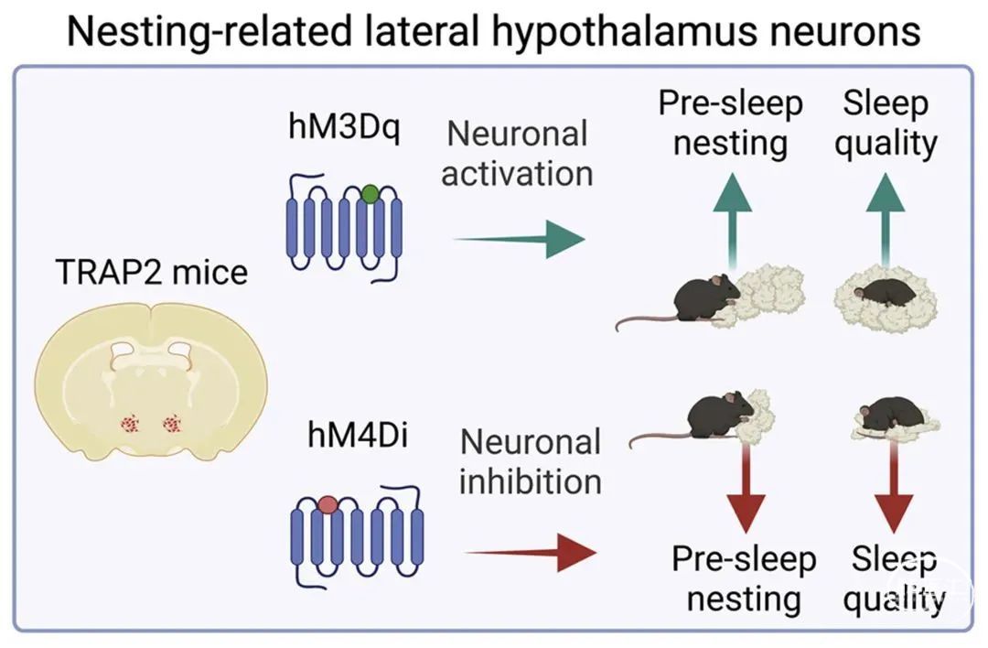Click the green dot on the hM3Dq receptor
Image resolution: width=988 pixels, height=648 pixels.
pyautogui.click(x=370, y=194)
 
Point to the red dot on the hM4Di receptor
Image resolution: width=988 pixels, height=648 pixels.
pyautogui.click(x=328, y=503)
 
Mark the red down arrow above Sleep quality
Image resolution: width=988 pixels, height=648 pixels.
pyautogui.click(x=892, y=490)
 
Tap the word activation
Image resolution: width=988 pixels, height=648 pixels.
pyautogui.click(x=517, y=174)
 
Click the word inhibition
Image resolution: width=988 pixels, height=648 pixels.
pyautogui.click(x=530, y=482)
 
